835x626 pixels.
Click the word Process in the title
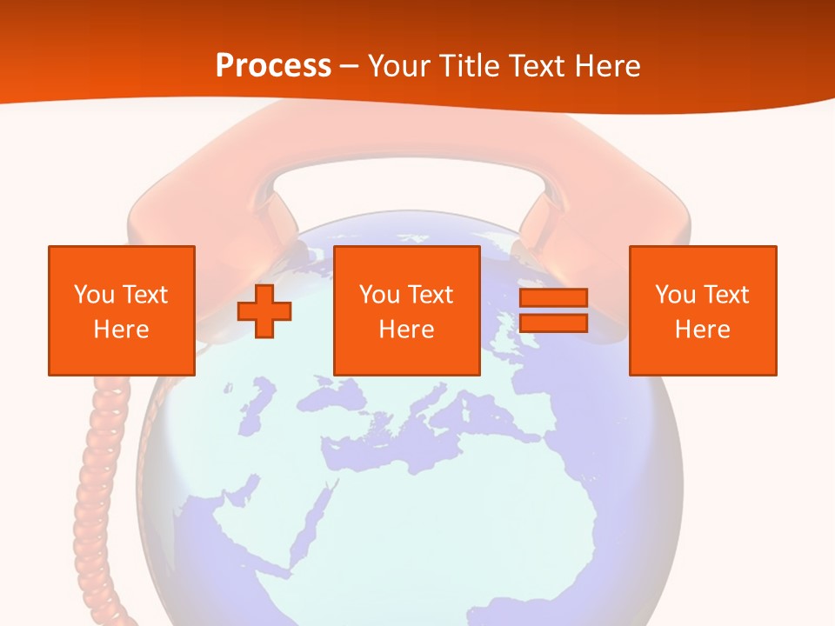tap(273, 66)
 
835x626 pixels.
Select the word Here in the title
tap(607, 66)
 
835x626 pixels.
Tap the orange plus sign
tap(264, 310)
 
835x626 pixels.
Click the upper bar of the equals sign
tap(553, 297)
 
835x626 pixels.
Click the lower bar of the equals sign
tap(553, 323)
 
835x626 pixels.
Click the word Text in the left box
tap(145, 295)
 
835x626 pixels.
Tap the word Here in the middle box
tap(406, 330)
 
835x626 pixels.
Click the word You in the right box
tap(676, 295)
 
